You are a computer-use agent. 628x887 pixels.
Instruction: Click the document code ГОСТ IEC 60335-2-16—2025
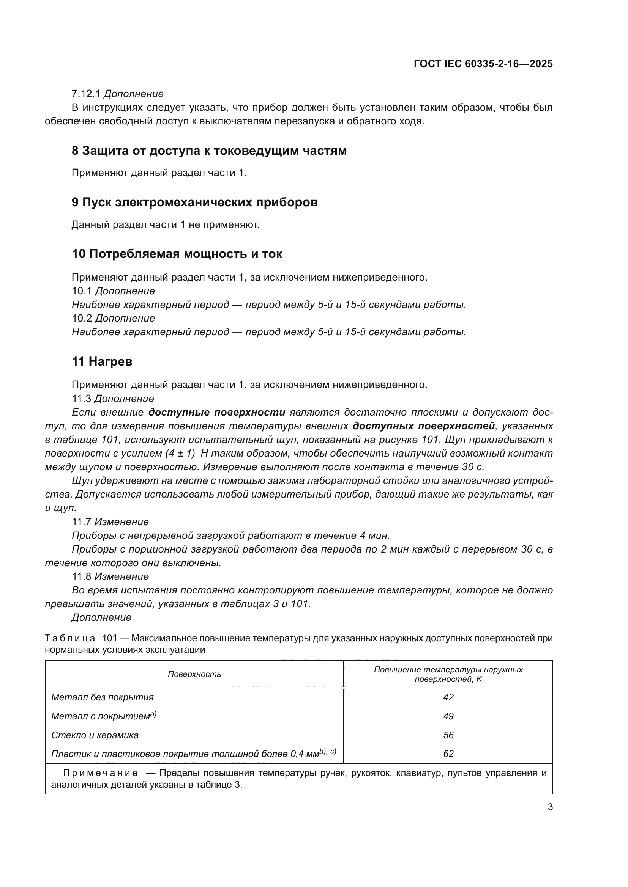click(483, 64)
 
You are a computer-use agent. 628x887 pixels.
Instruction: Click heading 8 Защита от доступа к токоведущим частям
click(209, 151)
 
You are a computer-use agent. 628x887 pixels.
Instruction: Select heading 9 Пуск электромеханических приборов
click(194, 203)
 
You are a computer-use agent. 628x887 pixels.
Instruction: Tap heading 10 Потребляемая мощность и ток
click(177, 254)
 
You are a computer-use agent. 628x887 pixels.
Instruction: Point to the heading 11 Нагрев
click(102, 362)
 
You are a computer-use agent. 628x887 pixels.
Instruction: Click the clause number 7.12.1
click(86, 94)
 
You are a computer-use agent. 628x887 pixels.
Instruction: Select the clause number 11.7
click(81, 522)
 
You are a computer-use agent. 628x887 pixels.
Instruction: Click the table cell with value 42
click(448, 697)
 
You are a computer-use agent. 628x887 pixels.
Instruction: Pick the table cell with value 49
click(448, 716)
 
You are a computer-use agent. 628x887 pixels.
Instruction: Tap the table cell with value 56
click(448, 735)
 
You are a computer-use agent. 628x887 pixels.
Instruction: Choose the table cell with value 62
click(448, 754)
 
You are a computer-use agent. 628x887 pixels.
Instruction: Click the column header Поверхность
click(194, 675)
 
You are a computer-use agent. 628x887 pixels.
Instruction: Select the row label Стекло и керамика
click(95, 735)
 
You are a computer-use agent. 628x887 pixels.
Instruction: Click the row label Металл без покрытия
click(103, 697)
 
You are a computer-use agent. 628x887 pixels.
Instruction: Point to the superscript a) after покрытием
click(153, 714)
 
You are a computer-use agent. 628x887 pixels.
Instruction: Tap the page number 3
click(550, 807)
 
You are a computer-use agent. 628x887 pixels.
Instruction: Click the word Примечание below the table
click(100, 773)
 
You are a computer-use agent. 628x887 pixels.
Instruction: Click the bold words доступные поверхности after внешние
click(217, 413)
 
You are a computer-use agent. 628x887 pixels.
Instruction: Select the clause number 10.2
click(81, 318)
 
